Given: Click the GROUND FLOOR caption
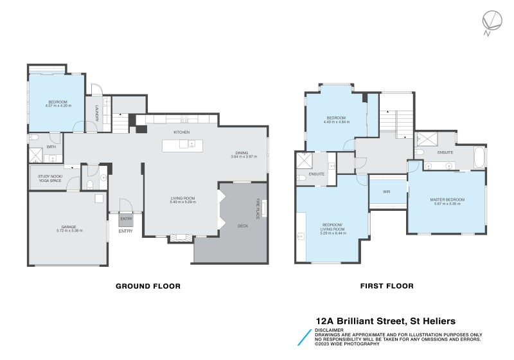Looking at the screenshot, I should pyautogui.click(x=147, y=286).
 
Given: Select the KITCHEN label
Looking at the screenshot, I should pyautogui.click(x=181, y=132).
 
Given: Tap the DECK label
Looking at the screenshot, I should pyautogui.click(x=243, y=226).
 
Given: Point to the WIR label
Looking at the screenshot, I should pyautogui.click(x=387, y=192).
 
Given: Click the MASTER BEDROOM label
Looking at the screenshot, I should pyautogui.click(x=447, y=200).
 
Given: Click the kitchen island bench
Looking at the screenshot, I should pyautogui.click(x=181, y=145).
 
